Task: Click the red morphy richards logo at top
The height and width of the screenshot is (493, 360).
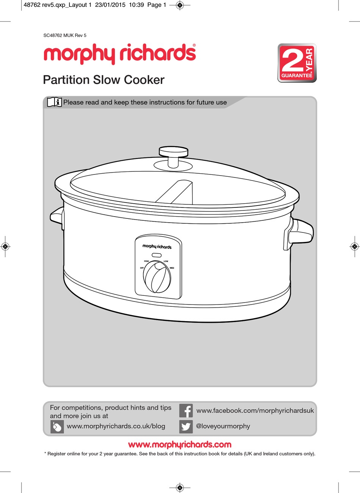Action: click(x=120, y=53)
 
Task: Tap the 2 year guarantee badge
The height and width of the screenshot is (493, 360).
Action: click(x=297, y=63)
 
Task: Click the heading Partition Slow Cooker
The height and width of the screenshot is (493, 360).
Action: click(x=103, y=80)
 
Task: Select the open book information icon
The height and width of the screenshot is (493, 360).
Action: click(x=54, y=102)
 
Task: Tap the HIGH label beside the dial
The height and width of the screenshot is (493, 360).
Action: click(x=146, y=261)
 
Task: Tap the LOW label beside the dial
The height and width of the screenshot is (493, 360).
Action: click(x=166, y=261)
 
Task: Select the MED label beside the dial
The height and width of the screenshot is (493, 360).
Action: click(x=172, y=268)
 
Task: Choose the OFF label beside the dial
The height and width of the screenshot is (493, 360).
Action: click(x=142, y=268)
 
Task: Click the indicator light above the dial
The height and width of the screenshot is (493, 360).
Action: click(x=157, y=255)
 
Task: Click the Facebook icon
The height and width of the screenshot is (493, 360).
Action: click(x=186, y=411)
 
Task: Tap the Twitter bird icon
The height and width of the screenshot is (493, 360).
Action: click(x=186, y=426)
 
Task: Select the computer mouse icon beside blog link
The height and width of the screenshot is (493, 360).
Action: click(x=57, y=427)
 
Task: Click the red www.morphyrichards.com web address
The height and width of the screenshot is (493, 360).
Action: click(x=180, y=444)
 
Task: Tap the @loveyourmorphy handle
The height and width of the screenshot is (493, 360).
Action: click(x=223, y=426)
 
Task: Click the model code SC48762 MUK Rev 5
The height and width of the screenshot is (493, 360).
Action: click(x=65, y=35)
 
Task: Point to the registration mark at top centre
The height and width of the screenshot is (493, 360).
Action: click(x=180, y=5)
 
